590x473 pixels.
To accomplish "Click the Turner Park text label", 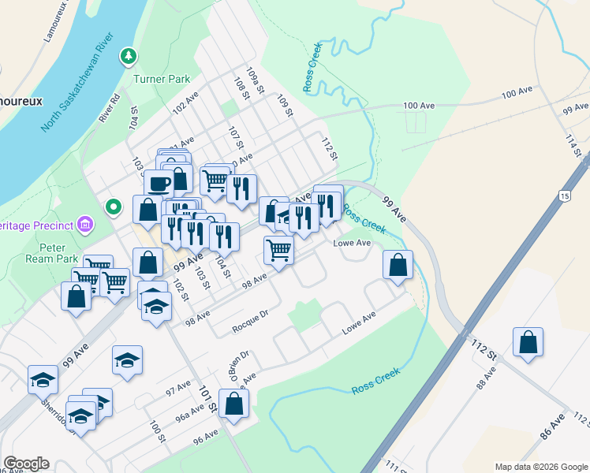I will (162, 79).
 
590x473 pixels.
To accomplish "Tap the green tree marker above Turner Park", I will (128, 57).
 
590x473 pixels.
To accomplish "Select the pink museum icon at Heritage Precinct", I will (86, 226).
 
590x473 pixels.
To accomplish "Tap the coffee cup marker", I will (159, 184).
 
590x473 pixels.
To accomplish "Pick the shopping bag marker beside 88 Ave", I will (528, 342).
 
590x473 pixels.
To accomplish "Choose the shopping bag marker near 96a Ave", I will (234, 403).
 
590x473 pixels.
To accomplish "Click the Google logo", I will (26, 464).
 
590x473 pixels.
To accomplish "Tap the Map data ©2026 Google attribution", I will (540, 467).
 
